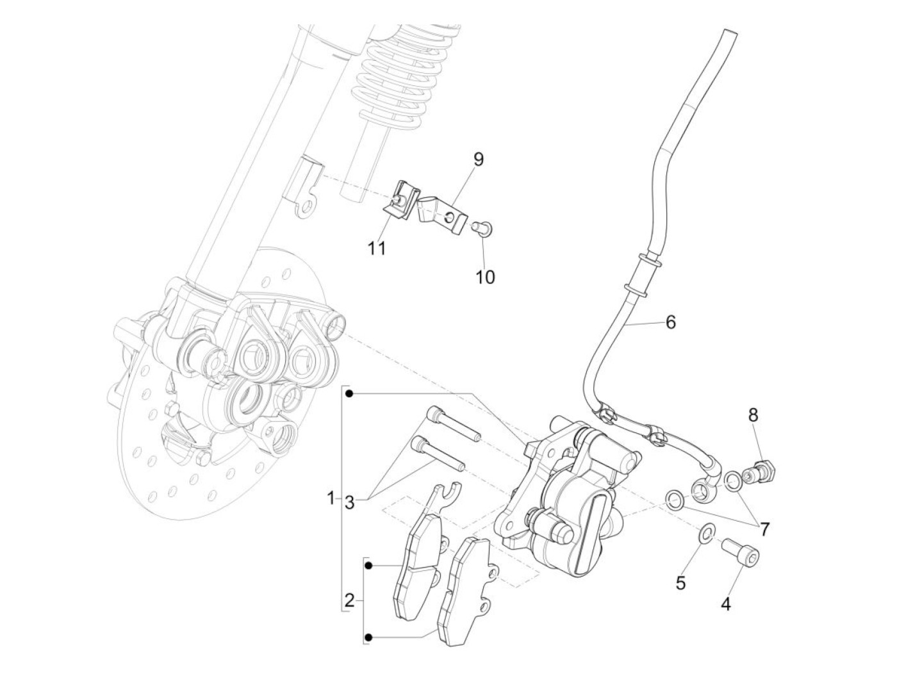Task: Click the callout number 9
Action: pyautogui.click(x=479, y=159)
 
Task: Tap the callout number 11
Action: pyautogui.click(x=377, y=248)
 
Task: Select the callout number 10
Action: pyautogui.click(x=485, y=277)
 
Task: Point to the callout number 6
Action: pyautogui.click(x=670, y=322)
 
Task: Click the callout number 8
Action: pyautogui.click(x=753, y=415)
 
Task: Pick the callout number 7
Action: pyautogui.click(x=764, y=529)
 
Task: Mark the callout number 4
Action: pyautogui.click(x=726, y=604)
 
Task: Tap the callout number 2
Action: pyautogui.click(x=349, y=601)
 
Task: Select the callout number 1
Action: pyautogui.click(x=331, y=498)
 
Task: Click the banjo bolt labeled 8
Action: pyautogui.click(x=762, y=472)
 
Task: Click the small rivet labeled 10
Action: pyautogui.click(x=482, y=226)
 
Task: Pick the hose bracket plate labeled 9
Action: pyautogui.click(x=441, y=213)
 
